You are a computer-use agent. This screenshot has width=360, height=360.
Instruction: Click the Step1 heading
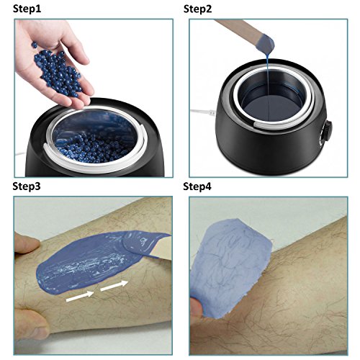27,9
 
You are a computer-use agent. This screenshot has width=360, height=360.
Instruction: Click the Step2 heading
198,9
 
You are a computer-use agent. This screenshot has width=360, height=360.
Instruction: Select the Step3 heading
27,186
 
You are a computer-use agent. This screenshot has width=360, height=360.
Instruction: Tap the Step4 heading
197,186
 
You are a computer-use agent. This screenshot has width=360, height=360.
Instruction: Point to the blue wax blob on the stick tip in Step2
267,44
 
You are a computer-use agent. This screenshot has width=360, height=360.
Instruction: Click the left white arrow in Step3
80,297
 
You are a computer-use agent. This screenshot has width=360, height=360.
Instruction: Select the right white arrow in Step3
114,286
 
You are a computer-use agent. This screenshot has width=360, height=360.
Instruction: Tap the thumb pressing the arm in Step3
27,243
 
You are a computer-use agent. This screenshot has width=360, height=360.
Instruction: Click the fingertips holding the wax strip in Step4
197,308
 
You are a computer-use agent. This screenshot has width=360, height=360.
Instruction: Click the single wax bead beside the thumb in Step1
35,45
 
